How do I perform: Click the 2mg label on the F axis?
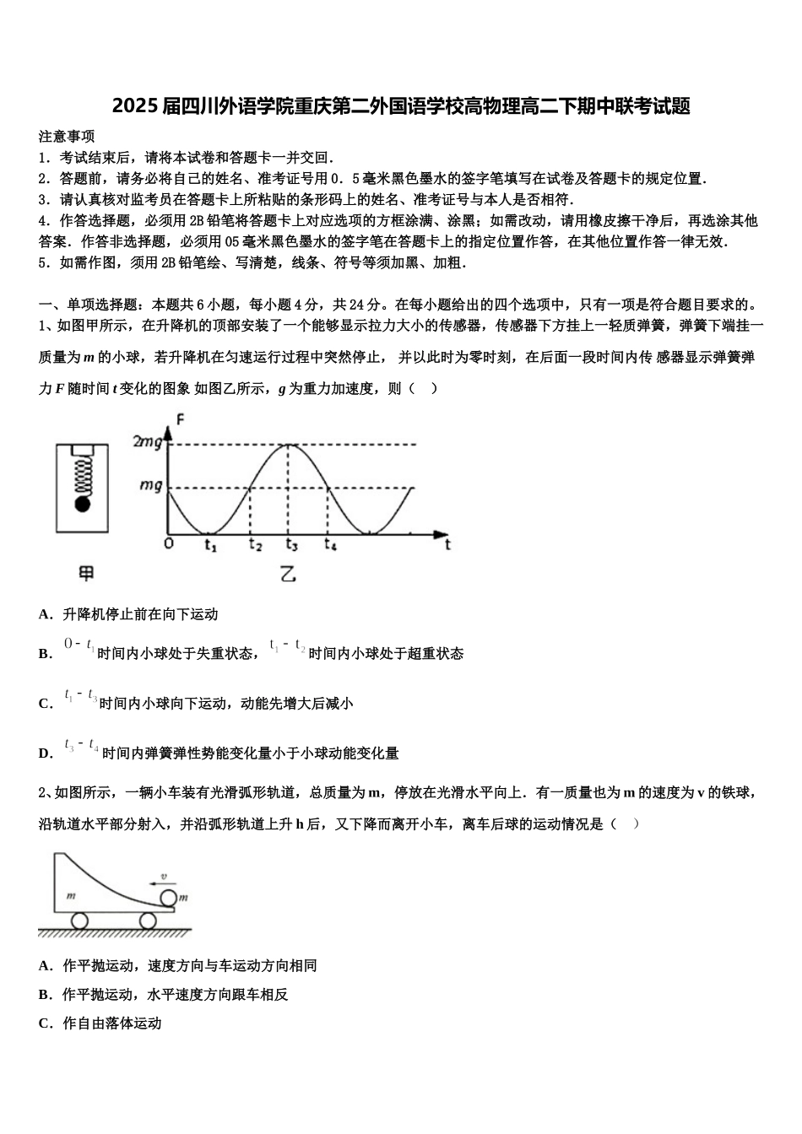tap(147, 442)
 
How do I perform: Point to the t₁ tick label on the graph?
tap(210, 546)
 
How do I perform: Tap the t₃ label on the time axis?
tap(291, 545)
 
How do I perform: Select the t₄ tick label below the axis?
tap(330, 545)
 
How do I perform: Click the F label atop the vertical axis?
tap(180, 419)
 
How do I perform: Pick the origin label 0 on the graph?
tap(168, 544)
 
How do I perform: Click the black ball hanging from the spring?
tap(83, 505)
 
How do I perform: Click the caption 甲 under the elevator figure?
tap(86, 574)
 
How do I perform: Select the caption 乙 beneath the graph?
tap(288, 575)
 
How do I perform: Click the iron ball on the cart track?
tap(169, 898)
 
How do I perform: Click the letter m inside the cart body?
tap(71, 894)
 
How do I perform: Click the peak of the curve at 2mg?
tap(290, 444)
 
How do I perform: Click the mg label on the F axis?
tap(151, 486)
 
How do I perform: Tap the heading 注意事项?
tap(67, 136)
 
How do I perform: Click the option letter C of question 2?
tap(46, 1023)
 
